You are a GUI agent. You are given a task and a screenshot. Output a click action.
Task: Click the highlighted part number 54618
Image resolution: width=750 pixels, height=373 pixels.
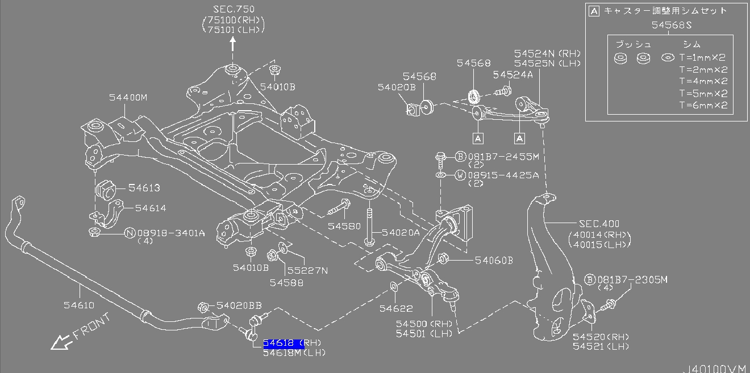click(282, 343)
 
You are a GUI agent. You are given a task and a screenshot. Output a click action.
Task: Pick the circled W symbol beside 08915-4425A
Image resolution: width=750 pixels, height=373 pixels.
click(460, 175)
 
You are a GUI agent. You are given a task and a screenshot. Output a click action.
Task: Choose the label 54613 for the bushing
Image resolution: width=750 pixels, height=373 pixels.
click(144, 188)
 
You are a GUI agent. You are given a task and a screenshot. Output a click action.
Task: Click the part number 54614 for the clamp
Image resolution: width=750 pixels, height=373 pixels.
click(150, 208)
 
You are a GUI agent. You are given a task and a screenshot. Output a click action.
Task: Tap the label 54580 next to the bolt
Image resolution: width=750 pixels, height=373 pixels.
click(344, 226)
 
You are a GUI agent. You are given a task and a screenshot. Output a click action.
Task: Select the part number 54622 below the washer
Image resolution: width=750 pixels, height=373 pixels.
click(396, 308)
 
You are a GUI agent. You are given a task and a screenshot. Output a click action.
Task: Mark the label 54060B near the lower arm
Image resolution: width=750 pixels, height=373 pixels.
click(494, 261)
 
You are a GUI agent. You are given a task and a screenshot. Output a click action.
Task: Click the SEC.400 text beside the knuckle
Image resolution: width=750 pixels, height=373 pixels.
click(599, 224)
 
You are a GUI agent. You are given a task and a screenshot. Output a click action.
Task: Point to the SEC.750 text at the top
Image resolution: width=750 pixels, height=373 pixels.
click(234, 10)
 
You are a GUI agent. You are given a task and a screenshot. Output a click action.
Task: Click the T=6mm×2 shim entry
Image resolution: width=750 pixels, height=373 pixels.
click(703, 106)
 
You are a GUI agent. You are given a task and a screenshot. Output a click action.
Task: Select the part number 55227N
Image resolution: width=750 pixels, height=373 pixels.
click(307, 271)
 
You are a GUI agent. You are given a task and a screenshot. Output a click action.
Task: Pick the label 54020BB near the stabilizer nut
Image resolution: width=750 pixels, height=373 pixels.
click(239, 305)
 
